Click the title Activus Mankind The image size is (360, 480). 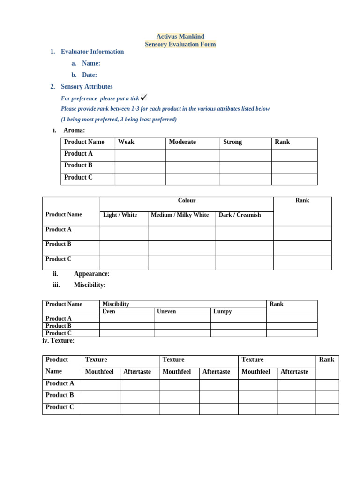click(180, 37)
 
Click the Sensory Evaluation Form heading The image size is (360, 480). click(180, 45)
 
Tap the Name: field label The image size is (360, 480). click(91, 63)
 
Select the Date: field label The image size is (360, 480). click(89, 75)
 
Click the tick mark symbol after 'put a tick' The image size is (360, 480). click(144, 97)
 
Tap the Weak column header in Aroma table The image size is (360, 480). click(126, 142)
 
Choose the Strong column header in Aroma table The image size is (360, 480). click(232, 142)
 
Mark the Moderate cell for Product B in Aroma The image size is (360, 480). click(193, 167)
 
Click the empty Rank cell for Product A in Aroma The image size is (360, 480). click(294, 155)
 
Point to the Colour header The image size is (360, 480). click(187, 201)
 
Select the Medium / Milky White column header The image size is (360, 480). click(180, 215)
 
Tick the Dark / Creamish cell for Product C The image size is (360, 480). click(244, 262)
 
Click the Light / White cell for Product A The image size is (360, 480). click(124, 233)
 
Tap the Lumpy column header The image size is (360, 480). click(222, 311)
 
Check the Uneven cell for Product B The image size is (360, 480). click(182, 326)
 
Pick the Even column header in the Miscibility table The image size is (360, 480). click(109, 311)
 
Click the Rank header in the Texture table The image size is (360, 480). click(327, 360)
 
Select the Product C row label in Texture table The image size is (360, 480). click(60, 407)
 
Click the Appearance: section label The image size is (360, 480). click(91, 274)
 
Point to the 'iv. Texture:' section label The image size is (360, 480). click(58, 341)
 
